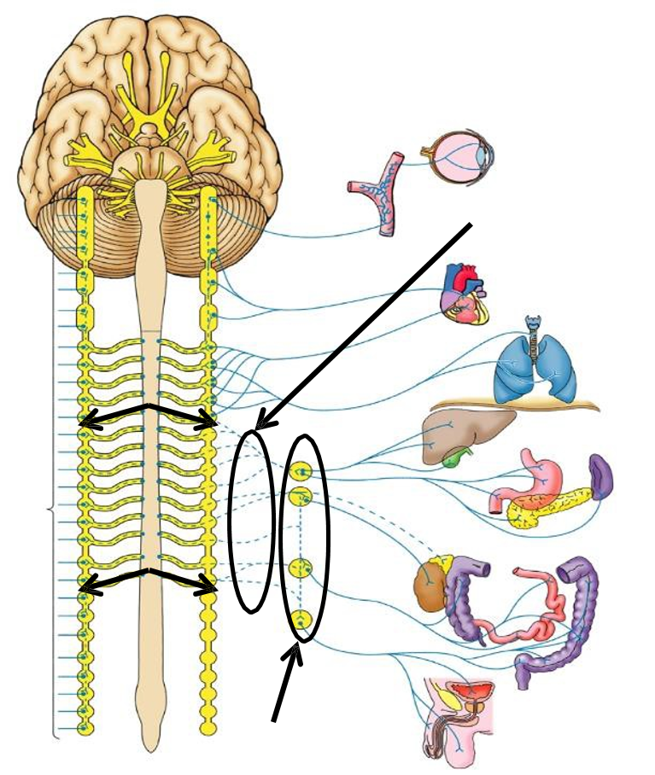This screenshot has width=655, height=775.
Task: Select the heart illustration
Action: [x=463, y=295]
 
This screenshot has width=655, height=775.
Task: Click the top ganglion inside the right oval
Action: [x=301, y=470]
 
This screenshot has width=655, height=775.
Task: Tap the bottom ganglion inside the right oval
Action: [x=301, y=621]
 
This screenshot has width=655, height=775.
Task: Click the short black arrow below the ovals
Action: [x=285, y=683]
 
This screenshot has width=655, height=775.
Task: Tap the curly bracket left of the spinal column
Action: [x=51, y=512]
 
